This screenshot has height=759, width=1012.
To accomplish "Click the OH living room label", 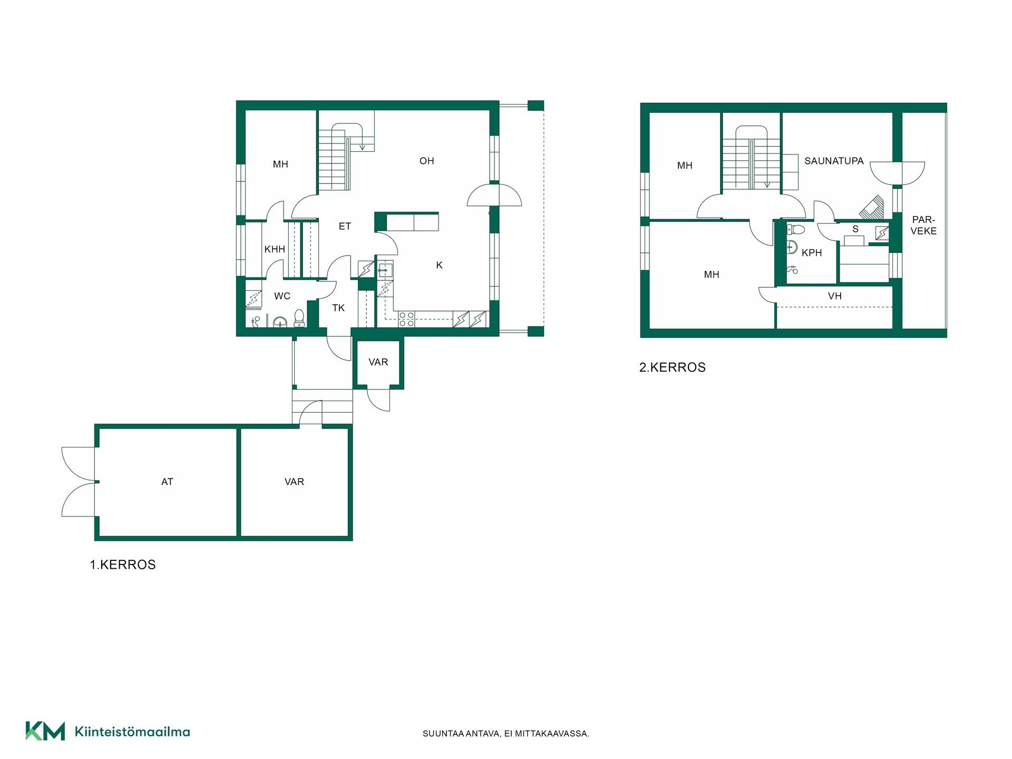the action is pos(427,161).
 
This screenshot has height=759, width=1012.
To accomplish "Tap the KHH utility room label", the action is pos(275,249).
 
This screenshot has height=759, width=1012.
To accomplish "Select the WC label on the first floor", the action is pos(282,296).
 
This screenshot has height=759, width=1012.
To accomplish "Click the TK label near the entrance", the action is pos(338,308).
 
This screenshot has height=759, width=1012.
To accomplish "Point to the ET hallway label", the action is pos(345,227).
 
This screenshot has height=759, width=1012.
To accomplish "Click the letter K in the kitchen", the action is pos(439,266).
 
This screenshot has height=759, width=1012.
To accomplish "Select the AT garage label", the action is pos(167,482).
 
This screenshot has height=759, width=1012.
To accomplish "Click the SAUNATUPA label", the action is pos(834,161).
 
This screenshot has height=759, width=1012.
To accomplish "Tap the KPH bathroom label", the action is pos(812,253).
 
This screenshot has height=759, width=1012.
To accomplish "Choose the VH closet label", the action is pos(835,296).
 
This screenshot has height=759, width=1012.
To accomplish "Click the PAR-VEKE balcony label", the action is pos(923,226).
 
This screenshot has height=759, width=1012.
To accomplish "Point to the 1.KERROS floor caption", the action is pos(123,565).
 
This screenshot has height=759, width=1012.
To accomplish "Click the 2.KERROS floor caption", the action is pos(673,367).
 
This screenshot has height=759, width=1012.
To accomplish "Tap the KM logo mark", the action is pos(45,731).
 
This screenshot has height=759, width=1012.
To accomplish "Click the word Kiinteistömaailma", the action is pos(132,732).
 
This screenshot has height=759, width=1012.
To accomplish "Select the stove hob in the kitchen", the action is pos(406,319).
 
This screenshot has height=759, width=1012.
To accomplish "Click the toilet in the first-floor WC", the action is pos(299,318).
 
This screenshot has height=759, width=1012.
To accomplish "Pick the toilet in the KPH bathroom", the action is pos(795,229).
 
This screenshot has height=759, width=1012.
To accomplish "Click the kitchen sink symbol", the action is pos(385,269).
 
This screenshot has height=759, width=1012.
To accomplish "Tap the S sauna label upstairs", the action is pos(855,229).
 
